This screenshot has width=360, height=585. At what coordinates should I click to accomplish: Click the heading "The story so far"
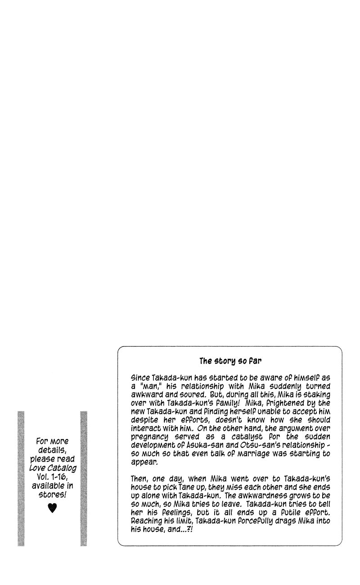pyautogui.click(x=230, y=361)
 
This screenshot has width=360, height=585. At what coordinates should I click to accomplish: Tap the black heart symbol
pyautogui.click(x=53, y=508)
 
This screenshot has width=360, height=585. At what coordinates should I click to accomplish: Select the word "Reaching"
pyautogui.click(x=146, y=521)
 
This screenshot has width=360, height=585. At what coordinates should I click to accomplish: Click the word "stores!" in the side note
pyautogui.click(x=52, y=495)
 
